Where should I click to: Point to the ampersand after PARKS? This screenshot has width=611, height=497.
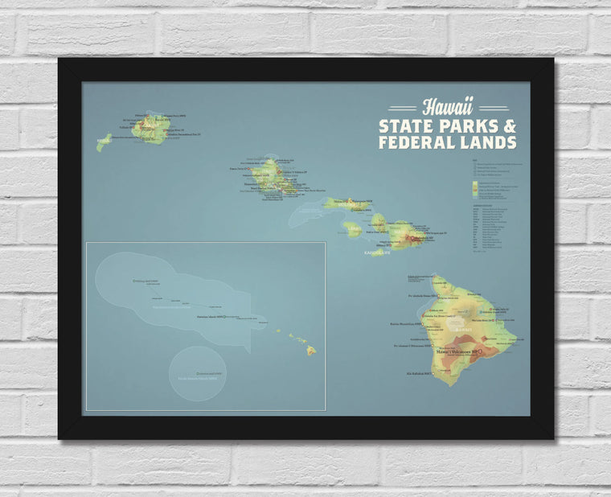(x=510, y=127)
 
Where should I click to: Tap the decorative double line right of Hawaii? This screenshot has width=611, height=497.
(x=493, y=108)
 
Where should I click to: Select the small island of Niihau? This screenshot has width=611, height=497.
(x=104, y=143)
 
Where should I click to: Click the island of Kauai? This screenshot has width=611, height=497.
(x=151, y=129)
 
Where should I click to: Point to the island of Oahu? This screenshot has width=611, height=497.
(x=272, y=176)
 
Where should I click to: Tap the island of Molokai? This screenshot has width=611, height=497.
(x=347, y=204)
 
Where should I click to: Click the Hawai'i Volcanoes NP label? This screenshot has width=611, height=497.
(x=457, y=351)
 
